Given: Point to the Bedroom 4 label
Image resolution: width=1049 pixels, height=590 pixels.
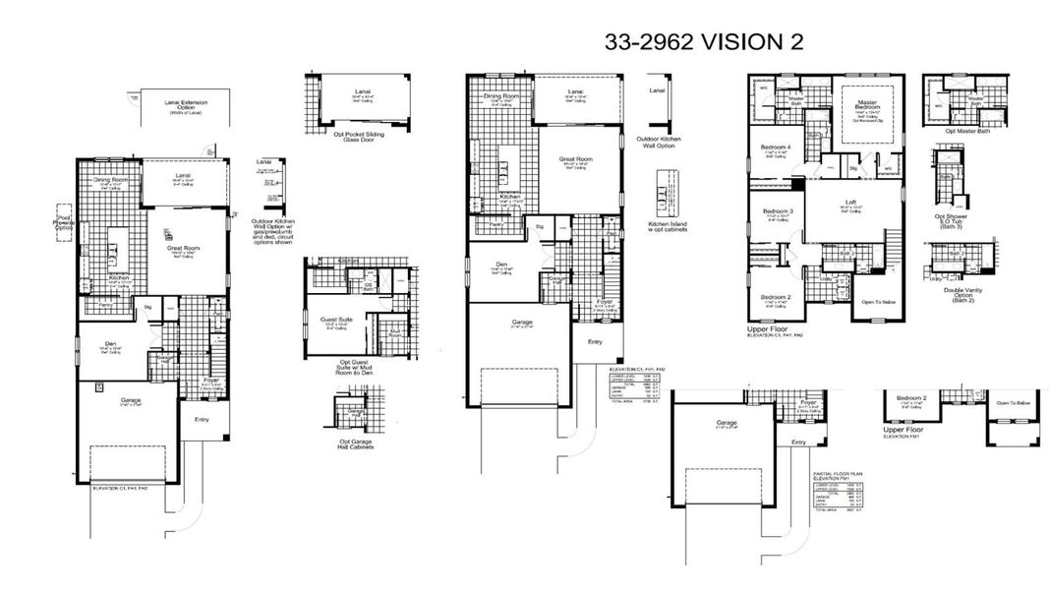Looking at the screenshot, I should (776, 148).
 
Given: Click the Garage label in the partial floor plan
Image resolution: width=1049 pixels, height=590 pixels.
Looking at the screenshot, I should (728, 424).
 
